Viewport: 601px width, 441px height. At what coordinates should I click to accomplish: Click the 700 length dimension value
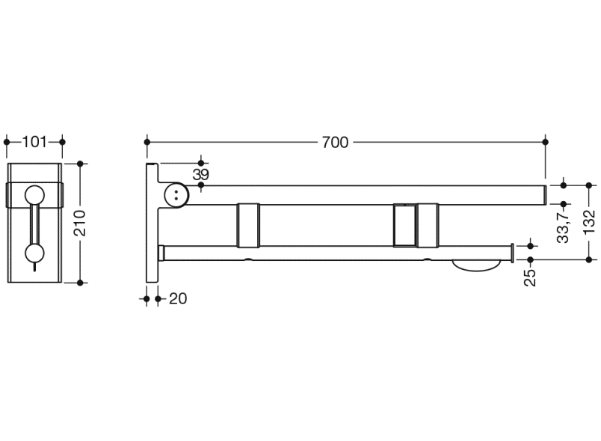point(335,143)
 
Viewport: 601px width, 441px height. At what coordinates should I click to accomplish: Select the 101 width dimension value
point(34,142)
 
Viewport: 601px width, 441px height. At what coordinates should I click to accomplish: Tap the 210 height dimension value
point(80,223)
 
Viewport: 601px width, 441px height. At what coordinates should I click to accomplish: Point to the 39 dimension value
point(201,175)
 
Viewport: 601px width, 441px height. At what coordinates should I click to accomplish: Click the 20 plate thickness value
point(178,299)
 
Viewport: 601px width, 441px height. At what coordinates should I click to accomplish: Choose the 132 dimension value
point(589,222)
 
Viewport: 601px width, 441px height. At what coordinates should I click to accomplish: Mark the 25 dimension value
point(530,278)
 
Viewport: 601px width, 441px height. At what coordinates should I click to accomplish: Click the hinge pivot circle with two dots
point(176,195)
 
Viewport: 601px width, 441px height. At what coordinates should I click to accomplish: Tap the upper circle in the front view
point(34,195)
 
